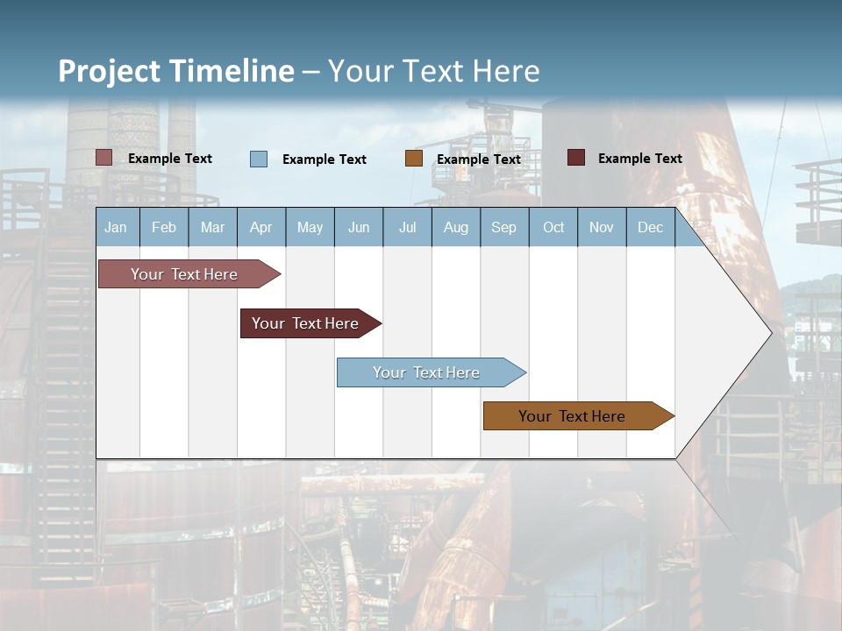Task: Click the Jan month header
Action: [x=117, y=227]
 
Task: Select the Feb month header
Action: [x=164, y=227]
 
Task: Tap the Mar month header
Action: [x=212, y=227]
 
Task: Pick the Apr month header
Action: [x=261, y=227]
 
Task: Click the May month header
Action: [x=310, y=227]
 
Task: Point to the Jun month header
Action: [x=359, y=227]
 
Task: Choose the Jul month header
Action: [x=407, y=227]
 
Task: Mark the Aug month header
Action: [x=456, y=227]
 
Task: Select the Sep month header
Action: [x=504, y=227]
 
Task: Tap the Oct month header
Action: [x=553, y=227]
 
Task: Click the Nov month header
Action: [x=602, y=227]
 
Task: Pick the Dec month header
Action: [x=651, y=227]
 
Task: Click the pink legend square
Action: [x=104, y=158]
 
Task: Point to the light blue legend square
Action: [x=259, y=159]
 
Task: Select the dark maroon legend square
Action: [x=576, y=158]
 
